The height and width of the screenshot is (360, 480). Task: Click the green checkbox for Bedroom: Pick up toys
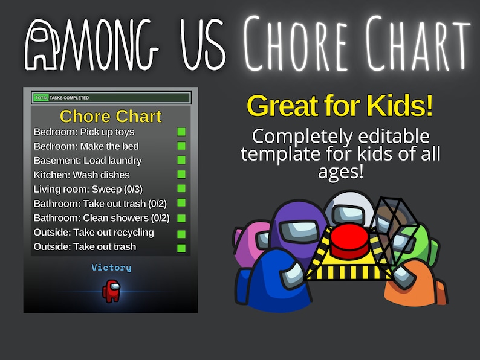[181, 132]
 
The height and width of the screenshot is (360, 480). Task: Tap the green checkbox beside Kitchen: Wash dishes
[181, 175]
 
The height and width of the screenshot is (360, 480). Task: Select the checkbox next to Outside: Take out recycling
[181, 233]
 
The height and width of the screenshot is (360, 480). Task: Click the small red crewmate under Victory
[111, 291]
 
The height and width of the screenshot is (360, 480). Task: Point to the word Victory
[111, 268]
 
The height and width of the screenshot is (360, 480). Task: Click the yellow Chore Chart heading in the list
[111, 116]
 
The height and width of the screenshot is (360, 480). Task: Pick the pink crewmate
[248, 242]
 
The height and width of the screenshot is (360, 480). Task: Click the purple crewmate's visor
[298, 230]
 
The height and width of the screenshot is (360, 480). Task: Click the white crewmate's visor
[351, 213]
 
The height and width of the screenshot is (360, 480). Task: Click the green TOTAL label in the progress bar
[41, 98]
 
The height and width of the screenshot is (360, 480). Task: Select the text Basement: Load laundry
[88, 161]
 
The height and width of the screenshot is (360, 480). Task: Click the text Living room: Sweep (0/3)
[88, 189]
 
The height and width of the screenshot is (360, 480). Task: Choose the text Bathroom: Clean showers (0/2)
[102, 218]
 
